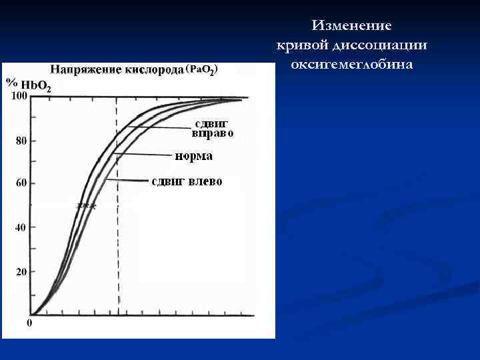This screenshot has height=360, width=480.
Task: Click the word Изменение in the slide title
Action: (x=351, y=26)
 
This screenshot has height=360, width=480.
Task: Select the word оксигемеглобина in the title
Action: (x=351, y=65)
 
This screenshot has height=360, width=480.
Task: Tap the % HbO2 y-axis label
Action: (x=27, y=84)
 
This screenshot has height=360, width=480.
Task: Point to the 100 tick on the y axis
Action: (x=19, y=97)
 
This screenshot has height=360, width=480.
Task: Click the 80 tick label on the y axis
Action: (x=21, y=141)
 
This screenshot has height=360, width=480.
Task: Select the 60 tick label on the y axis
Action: (x=21, y=184)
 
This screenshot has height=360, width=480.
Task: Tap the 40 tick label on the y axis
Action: (x=21, y=227)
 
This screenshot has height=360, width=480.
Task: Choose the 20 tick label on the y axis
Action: (x=21, y=272)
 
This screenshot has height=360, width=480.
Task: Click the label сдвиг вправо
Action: (x=213, y=128)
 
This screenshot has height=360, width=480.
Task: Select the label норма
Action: (x=194, y=157)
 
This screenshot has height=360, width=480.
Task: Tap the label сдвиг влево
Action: (x=187, y=181)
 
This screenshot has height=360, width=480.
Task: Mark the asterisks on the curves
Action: (x=87, y=206)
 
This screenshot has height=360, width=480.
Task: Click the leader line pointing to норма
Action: (x=143, y=155)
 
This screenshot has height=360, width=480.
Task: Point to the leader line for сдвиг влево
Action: (x=127, y=180)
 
